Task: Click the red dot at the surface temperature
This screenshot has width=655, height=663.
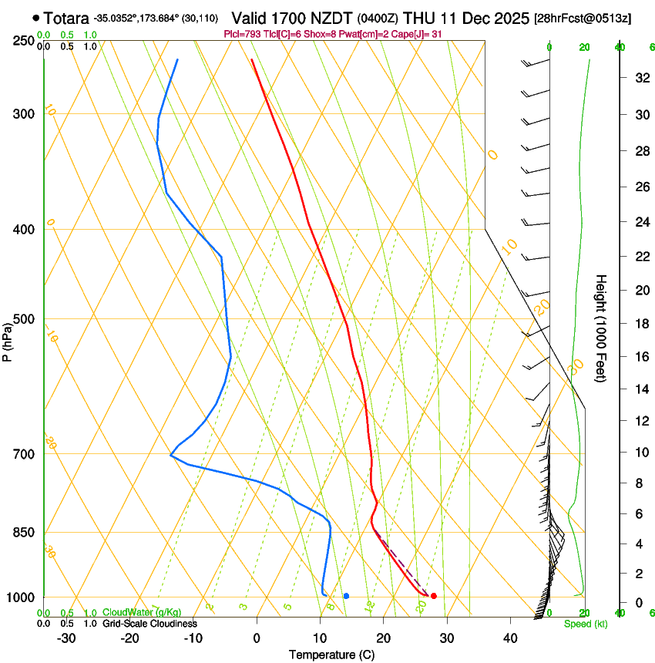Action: pos(434,596)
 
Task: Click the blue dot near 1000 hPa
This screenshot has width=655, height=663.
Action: pos(347,596)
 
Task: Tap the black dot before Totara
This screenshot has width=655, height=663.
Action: pos(36,17)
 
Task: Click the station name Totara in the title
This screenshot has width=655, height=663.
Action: pos(66,18)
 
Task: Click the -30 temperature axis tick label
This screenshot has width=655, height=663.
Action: pos(66,638)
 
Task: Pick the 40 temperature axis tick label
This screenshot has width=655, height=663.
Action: pos(509,638)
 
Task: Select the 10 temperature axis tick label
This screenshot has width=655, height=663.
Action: pos(320,638)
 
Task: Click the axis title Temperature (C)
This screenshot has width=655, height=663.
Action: pos(331,655)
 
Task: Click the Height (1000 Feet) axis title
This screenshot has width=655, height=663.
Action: pos(601,328)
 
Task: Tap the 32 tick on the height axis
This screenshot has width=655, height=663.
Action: pos(640,78)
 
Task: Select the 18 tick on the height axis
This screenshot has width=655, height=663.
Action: pos(640,324)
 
